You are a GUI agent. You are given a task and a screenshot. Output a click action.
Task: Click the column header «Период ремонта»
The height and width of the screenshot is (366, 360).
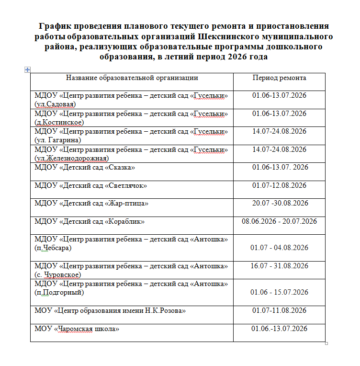pos(279,78)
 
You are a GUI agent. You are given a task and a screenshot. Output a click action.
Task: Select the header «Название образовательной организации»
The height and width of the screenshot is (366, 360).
pos(132,78)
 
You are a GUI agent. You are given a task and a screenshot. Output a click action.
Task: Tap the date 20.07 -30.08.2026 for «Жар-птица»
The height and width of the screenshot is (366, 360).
pos(280,203)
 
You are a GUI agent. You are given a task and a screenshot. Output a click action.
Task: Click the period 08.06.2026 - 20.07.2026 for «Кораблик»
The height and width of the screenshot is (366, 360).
pos(280,221)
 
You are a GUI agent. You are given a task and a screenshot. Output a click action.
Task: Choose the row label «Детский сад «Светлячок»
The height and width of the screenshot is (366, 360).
pos(90,185)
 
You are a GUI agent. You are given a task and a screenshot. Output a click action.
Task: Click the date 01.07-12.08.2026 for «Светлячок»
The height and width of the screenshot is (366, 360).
pos(279,185)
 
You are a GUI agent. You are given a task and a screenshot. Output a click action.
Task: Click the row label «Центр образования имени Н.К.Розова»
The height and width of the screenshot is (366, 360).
pos(110,311)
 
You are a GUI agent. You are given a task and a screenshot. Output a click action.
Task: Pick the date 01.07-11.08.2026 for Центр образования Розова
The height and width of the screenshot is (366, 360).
pos(279,311)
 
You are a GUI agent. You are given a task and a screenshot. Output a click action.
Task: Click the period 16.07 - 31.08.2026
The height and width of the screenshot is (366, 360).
pos(279,266)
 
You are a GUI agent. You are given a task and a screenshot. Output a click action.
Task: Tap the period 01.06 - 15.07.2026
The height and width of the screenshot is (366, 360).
pos(279,292)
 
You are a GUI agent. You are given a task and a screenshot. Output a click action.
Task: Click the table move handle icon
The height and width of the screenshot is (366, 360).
pos(27,70)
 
